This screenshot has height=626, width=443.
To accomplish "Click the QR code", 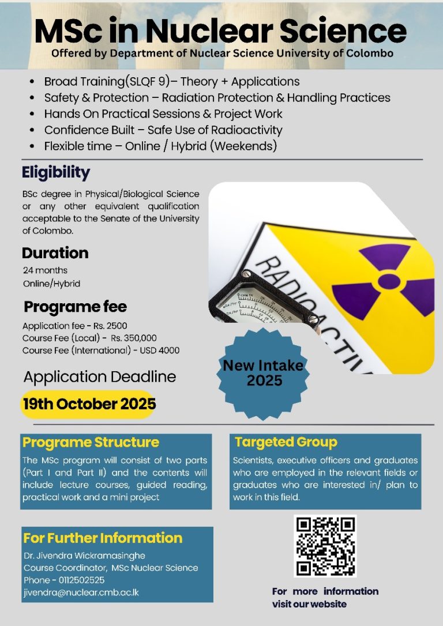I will pyautogui.click(x=325, y=546).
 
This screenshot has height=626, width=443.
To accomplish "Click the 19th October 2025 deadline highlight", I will pyautogui.click(x=88, y=404).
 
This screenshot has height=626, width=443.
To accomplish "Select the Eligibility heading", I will pyautogui.click(x=56, y=172).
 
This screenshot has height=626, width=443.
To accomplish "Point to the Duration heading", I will pyautogui.click(x=55, y=253).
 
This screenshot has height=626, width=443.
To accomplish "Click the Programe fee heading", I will pyautogui.click(x=75, y=306).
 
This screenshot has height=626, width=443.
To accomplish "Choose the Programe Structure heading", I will pyautogui.click(x=91, y=443).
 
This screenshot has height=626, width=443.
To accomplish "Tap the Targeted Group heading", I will pyautogui.click(x=286, y=443).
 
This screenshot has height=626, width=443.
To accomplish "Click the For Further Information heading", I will pyautogui.click(x=103, y=538).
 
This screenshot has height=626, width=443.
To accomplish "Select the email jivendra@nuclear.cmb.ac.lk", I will pyautogui.click(x=81, y=592).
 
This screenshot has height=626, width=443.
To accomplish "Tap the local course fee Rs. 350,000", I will pyautogui.click(x=133, y=338).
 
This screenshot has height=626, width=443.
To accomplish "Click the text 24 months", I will pyautogui.click(x=45, y=270).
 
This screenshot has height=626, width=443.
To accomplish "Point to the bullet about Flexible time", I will pyautogui.click(x=160, y=146).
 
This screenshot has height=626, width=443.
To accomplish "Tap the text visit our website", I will pyautogui.click(x=310, y=604).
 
